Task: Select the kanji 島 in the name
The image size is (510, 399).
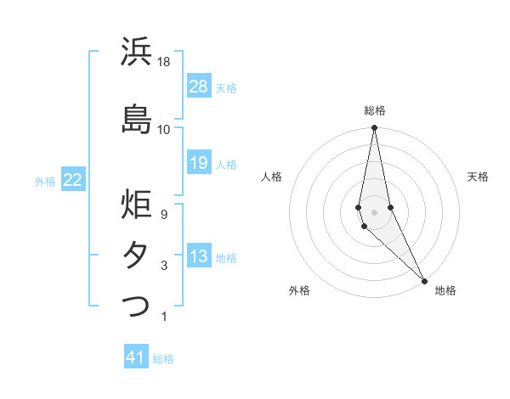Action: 136,118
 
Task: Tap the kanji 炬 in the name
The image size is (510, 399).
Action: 136,205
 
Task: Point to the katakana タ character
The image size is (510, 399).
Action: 136,255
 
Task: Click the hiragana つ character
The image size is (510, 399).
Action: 136,305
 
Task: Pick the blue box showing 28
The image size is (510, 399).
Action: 199,87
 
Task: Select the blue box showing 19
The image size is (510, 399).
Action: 199,163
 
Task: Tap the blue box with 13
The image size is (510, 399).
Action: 199,256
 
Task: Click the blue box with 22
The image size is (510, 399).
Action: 73,180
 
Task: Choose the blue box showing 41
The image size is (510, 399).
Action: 136,357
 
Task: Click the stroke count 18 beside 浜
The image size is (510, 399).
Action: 164,62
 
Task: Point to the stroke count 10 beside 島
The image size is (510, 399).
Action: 164,129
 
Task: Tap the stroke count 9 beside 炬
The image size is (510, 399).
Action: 164,216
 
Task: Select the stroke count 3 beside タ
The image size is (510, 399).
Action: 164,266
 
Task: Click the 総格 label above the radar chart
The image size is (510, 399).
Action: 375,110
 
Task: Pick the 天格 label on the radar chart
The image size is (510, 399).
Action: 478,177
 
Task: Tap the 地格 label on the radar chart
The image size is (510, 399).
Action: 445,290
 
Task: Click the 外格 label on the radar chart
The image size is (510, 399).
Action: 299,290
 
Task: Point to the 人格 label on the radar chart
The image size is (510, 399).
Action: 271,177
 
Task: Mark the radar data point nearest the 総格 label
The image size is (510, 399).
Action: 374,128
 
